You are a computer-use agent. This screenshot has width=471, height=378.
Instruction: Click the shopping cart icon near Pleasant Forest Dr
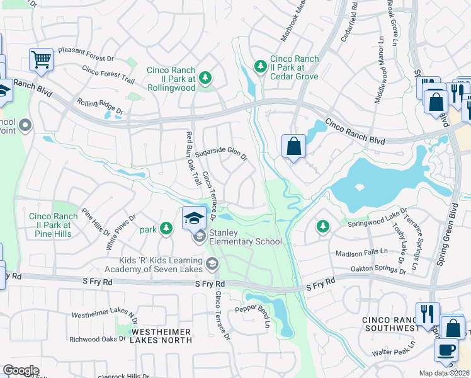[41, 60]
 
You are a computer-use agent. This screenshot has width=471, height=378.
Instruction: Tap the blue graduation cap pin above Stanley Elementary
[195, 218]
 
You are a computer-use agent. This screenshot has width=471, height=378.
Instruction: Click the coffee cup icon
[446, 350]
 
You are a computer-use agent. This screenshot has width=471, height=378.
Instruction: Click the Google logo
[20, 370]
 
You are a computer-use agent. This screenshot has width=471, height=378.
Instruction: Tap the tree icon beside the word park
[166, 229]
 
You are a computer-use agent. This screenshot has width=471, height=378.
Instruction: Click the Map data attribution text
[444, 373]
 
